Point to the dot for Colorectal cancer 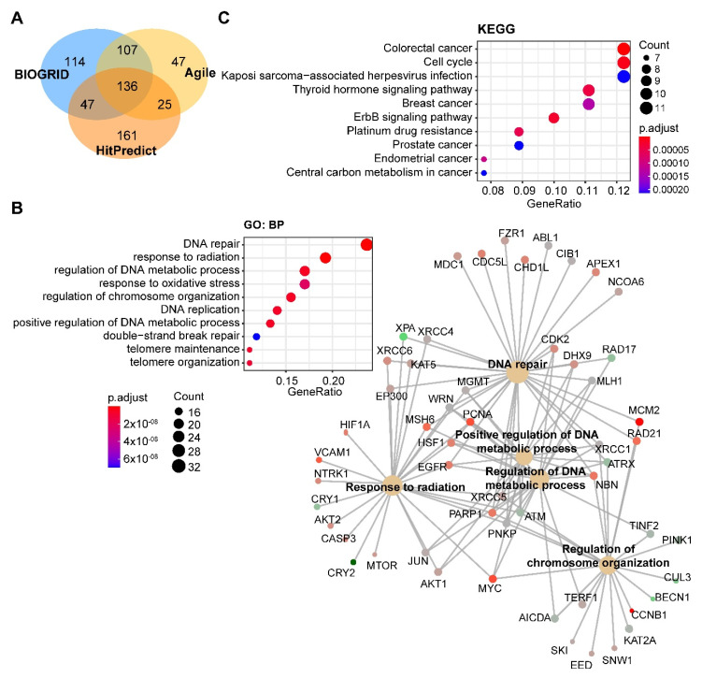click(623, 49)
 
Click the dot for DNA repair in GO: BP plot click(366, 245)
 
